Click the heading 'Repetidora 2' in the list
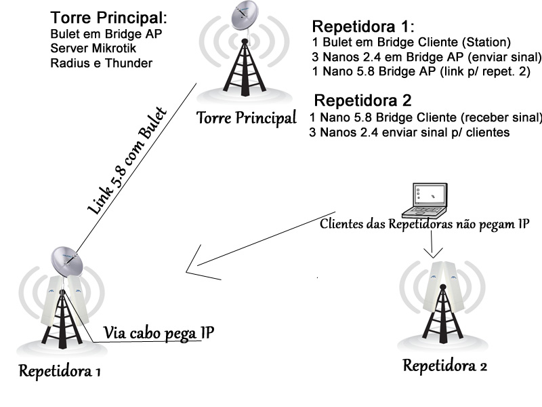point(363,101)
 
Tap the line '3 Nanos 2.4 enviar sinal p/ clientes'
point(409,133)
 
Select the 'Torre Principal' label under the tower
point(247,118)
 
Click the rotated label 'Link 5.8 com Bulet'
point(127,161)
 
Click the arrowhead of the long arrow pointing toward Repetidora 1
point(192,270)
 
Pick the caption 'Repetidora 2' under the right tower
point(444,366)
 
